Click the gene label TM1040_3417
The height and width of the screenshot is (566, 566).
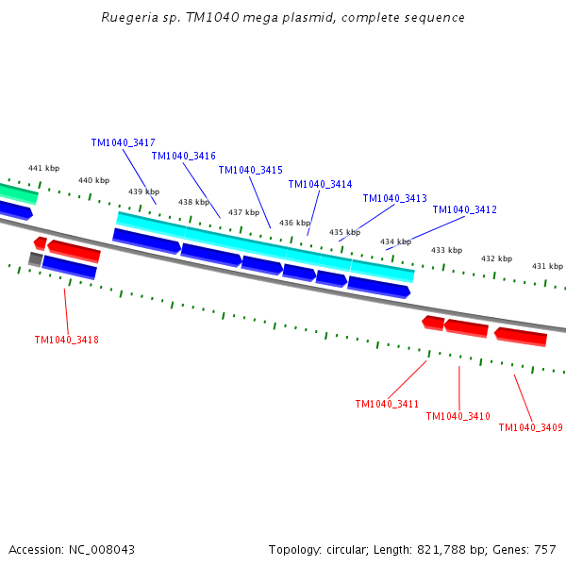click(123, 143)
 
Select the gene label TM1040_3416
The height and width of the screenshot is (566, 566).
click(183, 156)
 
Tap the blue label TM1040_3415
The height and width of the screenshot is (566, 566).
click(251, 170)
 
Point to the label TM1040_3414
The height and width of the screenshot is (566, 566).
click(320, 185)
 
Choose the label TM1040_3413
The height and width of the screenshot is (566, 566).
click(395, 198)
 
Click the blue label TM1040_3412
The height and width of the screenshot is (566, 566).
click(464, 209)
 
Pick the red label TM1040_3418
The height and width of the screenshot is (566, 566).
click(66, 340)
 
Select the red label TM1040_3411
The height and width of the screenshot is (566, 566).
click(387, 404)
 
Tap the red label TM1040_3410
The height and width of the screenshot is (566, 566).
click(458, 417)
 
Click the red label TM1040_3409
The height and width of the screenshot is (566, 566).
click(530, 427)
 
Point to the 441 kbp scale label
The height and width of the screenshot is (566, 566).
click(44, 168)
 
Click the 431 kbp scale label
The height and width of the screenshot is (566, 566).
click(547, 266)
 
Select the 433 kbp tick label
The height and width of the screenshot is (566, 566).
click(446, 250)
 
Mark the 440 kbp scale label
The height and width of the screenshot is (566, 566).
click(93, 180)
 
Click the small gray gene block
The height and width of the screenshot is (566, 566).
click(36, 259)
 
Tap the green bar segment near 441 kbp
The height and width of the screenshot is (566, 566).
click(19, 193)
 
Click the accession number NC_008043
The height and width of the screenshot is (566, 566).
click(102, 550)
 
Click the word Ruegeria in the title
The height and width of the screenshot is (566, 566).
click(129, 18)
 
